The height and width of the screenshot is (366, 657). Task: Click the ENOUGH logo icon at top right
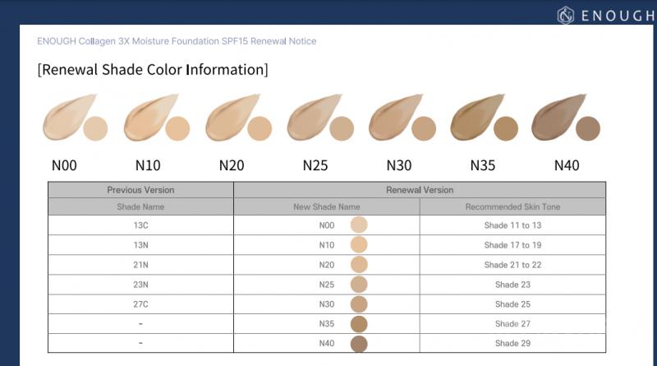[564, 15]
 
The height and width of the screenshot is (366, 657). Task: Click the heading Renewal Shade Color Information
[153, 70]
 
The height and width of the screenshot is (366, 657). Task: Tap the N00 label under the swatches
[64, 165]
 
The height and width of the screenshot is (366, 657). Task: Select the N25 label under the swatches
[315, 165]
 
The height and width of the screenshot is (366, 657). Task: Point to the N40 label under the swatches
[567, 165]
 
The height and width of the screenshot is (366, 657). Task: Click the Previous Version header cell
[140, 190]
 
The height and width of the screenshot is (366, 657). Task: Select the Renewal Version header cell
[420, 190]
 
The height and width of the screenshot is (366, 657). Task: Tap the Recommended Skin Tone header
[512, 207]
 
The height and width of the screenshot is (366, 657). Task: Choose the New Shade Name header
[327, 207]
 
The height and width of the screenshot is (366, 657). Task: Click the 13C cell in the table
[140, 225]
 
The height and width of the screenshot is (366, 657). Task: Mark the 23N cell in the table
[140, 285]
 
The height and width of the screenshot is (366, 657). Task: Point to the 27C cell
[140, 304]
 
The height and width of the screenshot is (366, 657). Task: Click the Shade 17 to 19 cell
[512, 244]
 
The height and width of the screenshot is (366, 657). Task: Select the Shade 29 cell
[512, 344]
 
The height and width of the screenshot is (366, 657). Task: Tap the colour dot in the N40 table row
[359, 344]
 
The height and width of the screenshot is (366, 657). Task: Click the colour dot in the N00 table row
[359, 225]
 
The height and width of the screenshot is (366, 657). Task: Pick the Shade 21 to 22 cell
[512, 265]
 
